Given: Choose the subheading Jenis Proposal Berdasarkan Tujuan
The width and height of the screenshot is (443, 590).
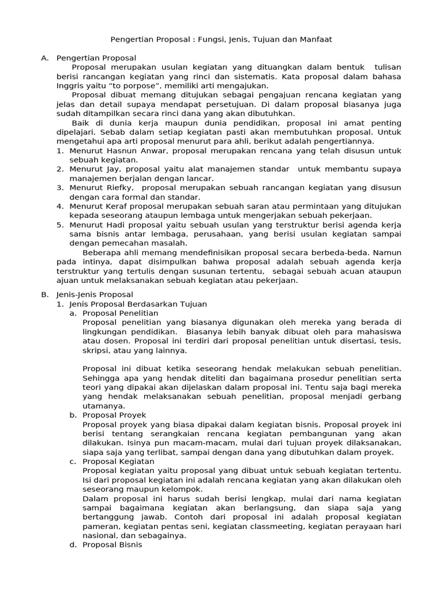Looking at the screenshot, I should coord(137,304).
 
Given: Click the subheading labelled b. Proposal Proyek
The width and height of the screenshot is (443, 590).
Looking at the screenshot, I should coord(114,415).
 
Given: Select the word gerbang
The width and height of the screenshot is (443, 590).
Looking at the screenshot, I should coord(385,396).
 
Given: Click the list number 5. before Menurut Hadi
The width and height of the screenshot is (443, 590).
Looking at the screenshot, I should coord(60,225).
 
